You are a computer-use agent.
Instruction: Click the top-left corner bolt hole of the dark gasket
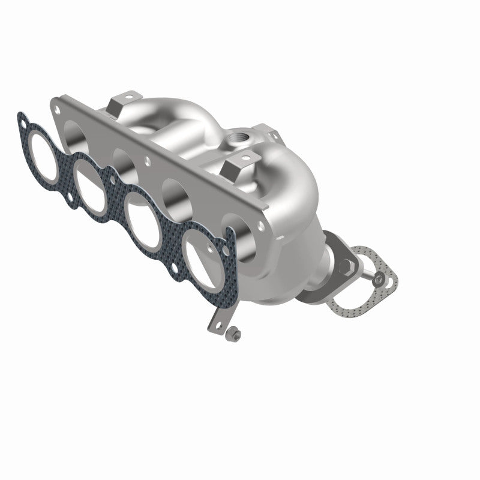23,124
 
